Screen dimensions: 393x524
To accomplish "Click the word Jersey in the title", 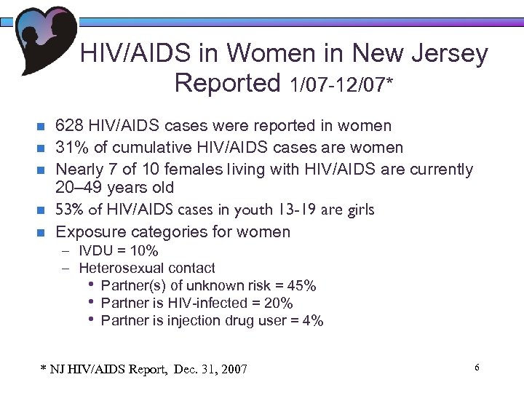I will pyautogui.click(x=452, y=55).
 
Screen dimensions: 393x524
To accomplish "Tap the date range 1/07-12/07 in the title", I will pyautogui.click(x=338, y=86).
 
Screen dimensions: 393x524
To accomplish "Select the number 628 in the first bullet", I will pyautogui.click(x=70, y=127).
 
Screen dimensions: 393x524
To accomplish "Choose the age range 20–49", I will pyautogui.click(x=85, y=188).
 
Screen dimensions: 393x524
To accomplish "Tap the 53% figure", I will pyautogui.click(x=71, y=210).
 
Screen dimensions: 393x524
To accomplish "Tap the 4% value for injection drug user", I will pyautogui.click(x=314, y=320).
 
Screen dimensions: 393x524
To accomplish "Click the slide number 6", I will pyautogui.click(x=477, y=368).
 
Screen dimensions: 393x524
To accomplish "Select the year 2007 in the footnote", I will pyautogui.click(x=232, y=370).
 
